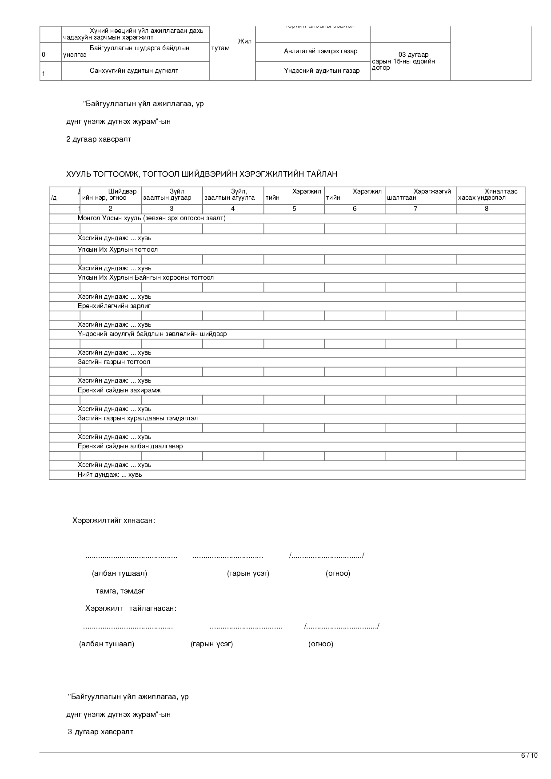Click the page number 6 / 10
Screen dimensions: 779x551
point(529,755)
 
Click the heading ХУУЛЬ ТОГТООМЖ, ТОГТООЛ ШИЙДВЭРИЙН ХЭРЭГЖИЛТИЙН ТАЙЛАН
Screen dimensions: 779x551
point(202,174)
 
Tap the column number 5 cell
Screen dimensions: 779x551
point(294,209)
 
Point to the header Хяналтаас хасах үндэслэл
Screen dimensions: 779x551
point(490,194)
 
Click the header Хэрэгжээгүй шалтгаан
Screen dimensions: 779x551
point(420,194)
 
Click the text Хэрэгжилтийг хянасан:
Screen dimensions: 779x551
point(114,520)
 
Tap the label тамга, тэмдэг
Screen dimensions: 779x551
point(120,591)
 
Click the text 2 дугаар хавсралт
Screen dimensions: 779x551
point(99,139)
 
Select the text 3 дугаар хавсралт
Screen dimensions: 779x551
point(100,732)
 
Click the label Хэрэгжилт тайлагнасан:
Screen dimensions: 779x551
point(131,608)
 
